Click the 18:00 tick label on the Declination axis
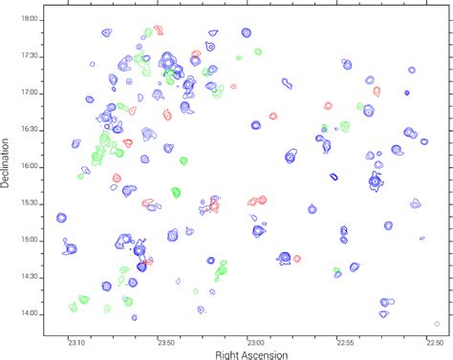click(x=31, y=19)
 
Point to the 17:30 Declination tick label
click(x=31, y=56)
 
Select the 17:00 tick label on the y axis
click(x=31, y=93)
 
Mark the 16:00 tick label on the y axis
click(x=31, y=166)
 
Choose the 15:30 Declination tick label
click(x=31, y=203)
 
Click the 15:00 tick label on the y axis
click(x=31, y=240)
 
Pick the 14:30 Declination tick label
click(x=31, y=277)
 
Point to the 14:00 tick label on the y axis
click(x=31, y=313)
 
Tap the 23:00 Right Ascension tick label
click(x=255, y=341)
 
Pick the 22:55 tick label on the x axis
click(x=344, y=341)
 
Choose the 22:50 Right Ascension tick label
click(x=433, y=341)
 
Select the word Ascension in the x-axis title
click(x=270, y=354)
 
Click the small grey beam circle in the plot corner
click(x=437, y=323)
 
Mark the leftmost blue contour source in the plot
click(x=61, y=219)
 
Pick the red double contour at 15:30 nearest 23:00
click(x=257, y=201)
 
